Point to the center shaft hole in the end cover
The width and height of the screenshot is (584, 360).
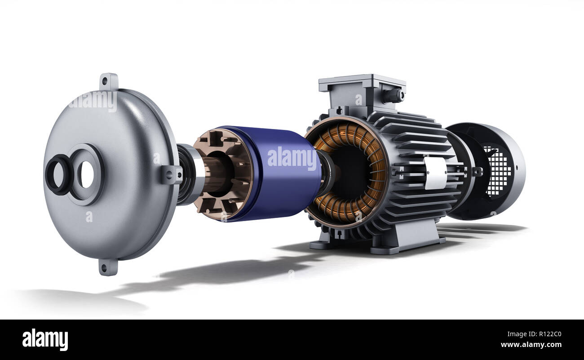tap(86, 174)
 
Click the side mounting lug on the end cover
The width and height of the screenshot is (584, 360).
tap(172, 174)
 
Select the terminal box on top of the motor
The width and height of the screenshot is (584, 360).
tap(362, 92)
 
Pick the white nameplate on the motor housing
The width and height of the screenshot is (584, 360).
tap(435, 173)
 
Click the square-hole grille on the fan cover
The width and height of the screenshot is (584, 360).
tap(497, 171)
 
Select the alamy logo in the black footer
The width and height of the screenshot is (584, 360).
tap(45, 340)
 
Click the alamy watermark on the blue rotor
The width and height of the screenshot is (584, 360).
tap(292, 159)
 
